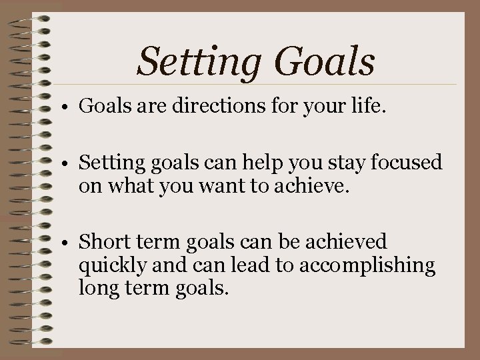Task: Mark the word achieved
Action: (351, 241)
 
